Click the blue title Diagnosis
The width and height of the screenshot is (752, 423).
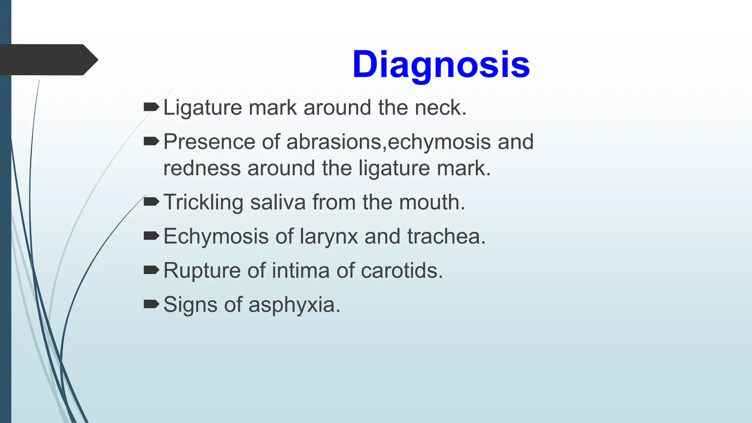pyautogui.click(x=441, y=65)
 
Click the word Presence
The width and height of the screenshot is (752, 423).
pyautogui.click(x=209, y=142)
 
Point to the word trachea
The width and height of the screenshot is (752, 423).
pyautogui.click(x=446, y=236)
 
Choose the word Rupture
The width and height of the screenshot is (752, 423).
pyautogui.click(x=202, y=271)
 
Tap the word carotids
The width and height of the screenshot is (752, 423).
pyautogui.click(x=402, y=271)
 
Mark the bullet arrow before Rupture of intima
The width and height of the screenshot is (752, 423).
pyautogui.click(x=151, y=270)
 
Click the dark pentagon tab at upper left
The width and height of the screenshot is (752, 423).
pyautogui.click(x=48, y=59)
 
